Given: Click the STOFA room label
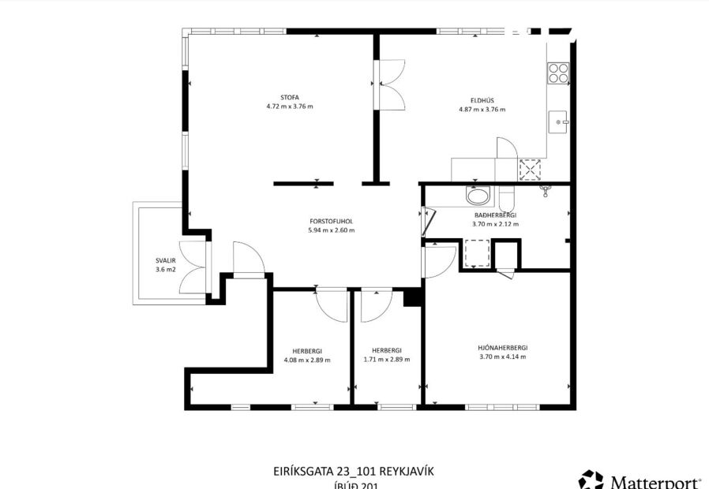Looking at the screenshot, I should pyautogui.click(x=289, y=97).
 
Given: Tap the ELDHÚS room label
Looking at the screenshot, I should pyautogui.click(x=482, y=100).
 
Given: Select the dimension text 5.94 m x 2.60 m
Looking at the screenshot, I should pyautogui.click(x=332, y=231).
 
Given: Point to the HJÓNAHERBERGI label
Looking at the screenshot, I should pyautogui.click(x=502, y=348).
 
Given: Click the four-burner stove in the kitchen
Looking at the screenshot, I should pyautogui.click(x=558, y=73).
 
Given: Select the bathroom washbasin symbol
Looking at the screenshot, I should pyautogui.click(x=477, y=196).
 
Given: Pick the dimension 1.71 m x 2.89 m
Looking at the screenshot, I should pyautogui.click(x=387, y=360).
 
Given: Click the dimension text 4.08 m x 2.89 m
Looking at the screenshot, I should pyautogui.click(x=307, y=360).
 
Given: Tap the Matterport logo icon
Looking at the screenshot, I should pyautogui.click(x=591, y=480).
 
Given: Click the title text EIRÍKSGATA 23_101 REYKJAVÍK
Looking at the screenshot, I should pyautogui.click(x=353, y=472).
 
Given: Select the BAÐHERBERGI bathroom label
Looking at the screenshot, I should pyautogui.click(x=495, y=215).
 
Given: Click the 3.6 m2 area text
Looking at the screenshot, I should pyautogui.click(x=166, y=270).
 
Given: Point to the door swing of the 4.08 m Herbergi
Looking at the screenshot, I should pyautogui.click(x=331, y=304).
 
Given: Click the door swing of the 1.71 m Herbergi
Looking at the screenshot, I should pyautogui.click(x=377, y=305).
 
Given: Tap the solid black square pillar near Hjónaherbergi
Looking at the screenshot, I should pyautogui.click(x=411, y=297).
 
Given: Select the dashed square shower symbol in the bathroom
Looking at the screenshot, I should pyautogui.click(x=477, y=254).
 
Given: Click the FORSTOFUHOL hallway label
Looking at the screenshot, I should pyautogui.click(x=332, y=222).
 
